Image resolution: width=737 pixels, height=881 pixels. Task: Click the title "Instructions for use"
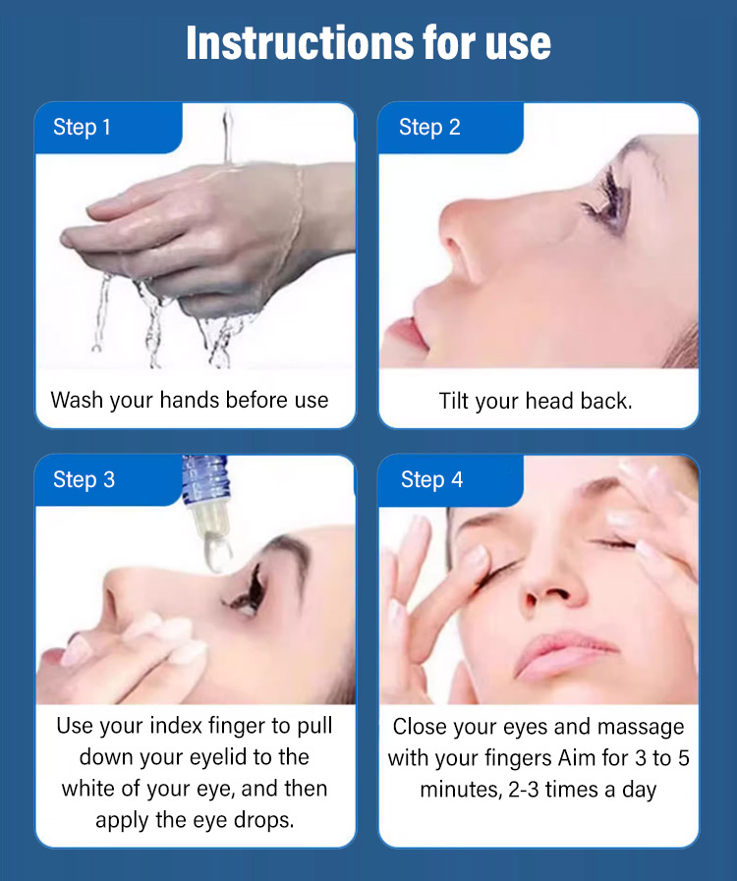point(368,42)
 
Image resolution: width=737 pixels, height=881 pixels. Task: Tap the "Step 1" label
point(82,127)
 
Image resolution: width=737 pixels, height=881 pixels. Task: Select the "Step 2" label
point(429,127)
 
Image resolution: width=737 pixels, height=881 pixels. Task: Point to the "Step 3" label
point(84,479)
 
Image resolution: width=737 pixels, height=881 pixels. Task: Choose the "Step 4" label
point(431,479)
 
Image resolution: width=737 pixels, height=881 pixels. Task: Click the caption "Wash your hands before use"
point(190,400)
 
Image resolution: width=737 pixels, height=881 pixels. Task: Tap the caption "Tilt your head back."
point(536,401)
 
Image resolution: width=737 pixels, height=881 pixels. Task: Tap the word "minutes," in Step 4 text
point(461,790)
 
